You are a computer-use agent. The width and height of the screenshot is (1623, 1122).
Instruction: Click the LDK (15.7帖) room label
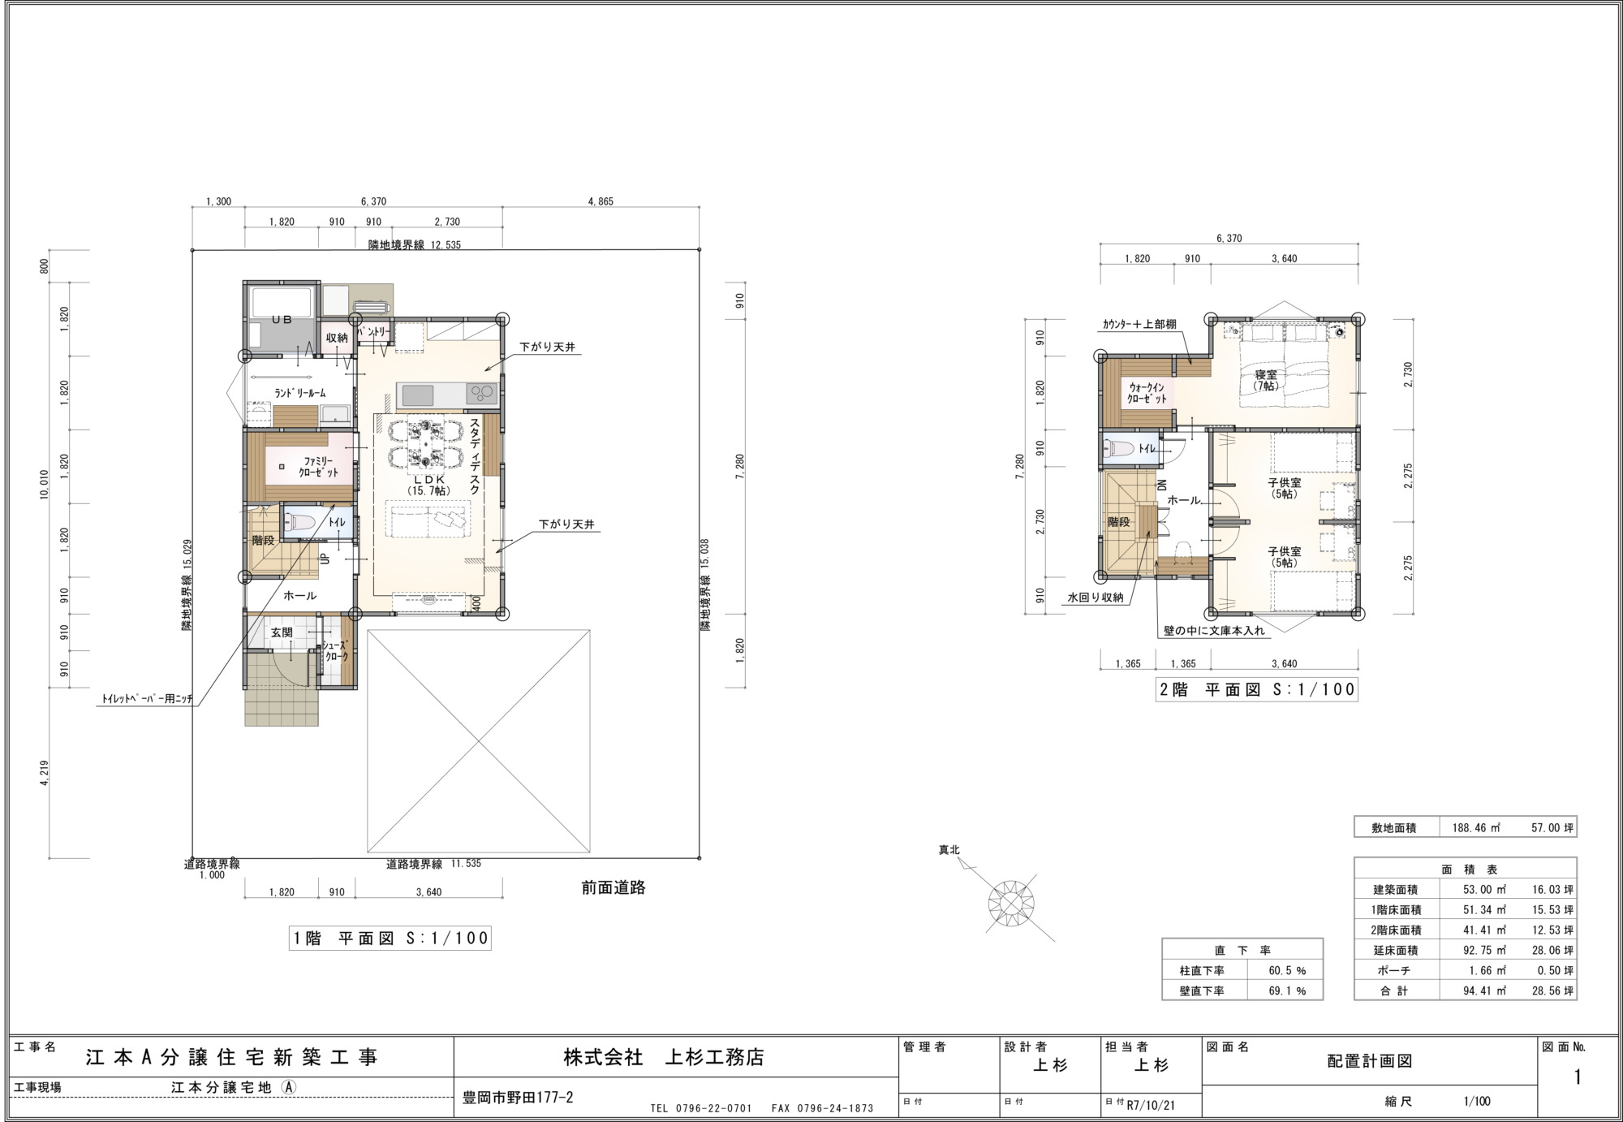click(x=428, y=485)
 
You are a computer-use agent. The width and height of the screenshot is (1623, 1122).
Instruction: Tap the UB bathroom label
click(x=282, y=320)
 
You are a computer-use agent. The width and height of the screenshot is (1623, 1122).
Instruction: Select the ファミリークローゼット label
click(x=318, y=466)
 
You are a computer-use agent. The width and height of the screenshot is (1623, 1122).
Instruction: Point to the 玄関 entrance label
click(x=282, y=632)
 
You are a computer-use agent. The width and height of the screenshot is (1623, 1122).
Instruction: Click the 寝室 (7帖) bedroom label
click(x=1265, y=380)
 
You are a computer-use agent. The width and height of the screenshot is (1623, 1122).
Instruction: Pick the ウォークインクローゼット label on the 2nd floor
click(x=1147, y=394)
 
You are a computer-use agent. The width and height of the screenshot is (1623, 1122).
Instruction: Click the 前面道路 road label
click(x=613, y=887)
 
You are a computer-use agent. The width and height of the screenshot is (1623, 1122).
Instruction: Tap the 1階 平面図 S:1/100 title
click(x=390, y=939)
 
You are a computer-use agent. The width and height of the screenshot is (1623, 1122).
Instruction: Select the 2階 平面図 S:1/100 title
click(x=1256, y=689)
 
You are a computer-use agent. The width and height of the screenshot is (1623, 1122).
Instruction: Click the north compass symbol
click(x=1011, y=902)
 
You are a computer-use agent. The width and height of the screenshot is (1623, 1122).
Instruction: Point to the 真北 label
click(x=949, y=850)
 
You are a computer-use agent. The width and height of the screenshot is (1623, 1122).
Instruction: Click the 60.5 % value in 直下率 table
click(x=1287, y=970)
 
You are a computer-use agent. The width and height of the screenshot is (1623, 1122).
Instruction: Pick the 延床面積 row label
click(x=1395, y=950)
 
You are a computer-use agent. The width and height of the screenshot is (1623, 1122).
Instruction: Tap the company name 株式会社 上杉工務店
click(x=664, y=1057)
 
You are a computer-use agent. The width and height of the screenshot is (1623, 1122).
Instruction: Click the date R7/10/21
click(x=1152, y=1105)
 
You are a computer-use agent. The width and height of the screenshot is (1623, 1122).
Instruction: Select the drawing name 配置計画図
click(x=1370, y=1061)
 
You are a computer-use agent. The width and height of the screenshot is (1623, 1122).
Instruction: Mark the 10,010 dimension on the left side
click(x=44, y=485)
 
